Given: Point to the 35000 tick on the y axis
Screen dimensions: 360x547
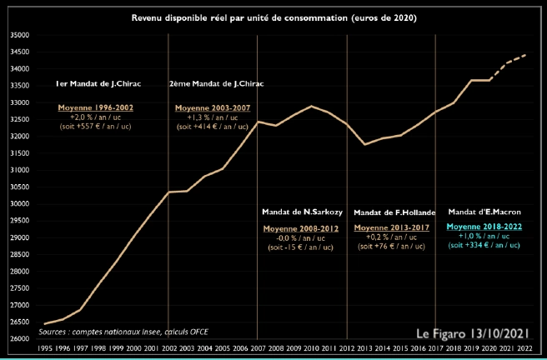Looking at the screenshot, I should pos(19,36).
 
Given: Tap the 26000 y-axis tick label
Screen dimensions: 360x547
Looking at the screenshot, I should pos(19,338).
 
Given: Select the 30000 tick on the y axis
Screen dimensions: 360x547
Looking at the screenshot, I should pos(19,204).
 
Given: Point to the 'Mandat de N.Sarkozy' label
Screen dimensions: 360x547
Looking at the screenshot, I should pos(299,212).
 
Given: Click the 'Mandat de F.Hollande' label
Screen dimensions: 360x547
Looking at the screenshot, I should pos(391,212).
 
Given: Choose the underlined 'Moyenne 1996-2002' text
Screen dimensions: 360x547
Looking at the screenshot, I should pos(95,108).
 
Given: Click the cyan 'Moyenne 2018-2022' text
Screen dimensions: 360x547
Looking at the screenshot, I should pos(484,227).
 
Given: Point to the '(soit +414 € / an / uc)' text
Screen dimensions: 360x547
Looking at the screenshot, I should pos(212,127).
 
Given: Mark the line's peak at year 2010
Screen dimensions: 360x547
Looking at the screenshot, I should pos(311,106).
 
